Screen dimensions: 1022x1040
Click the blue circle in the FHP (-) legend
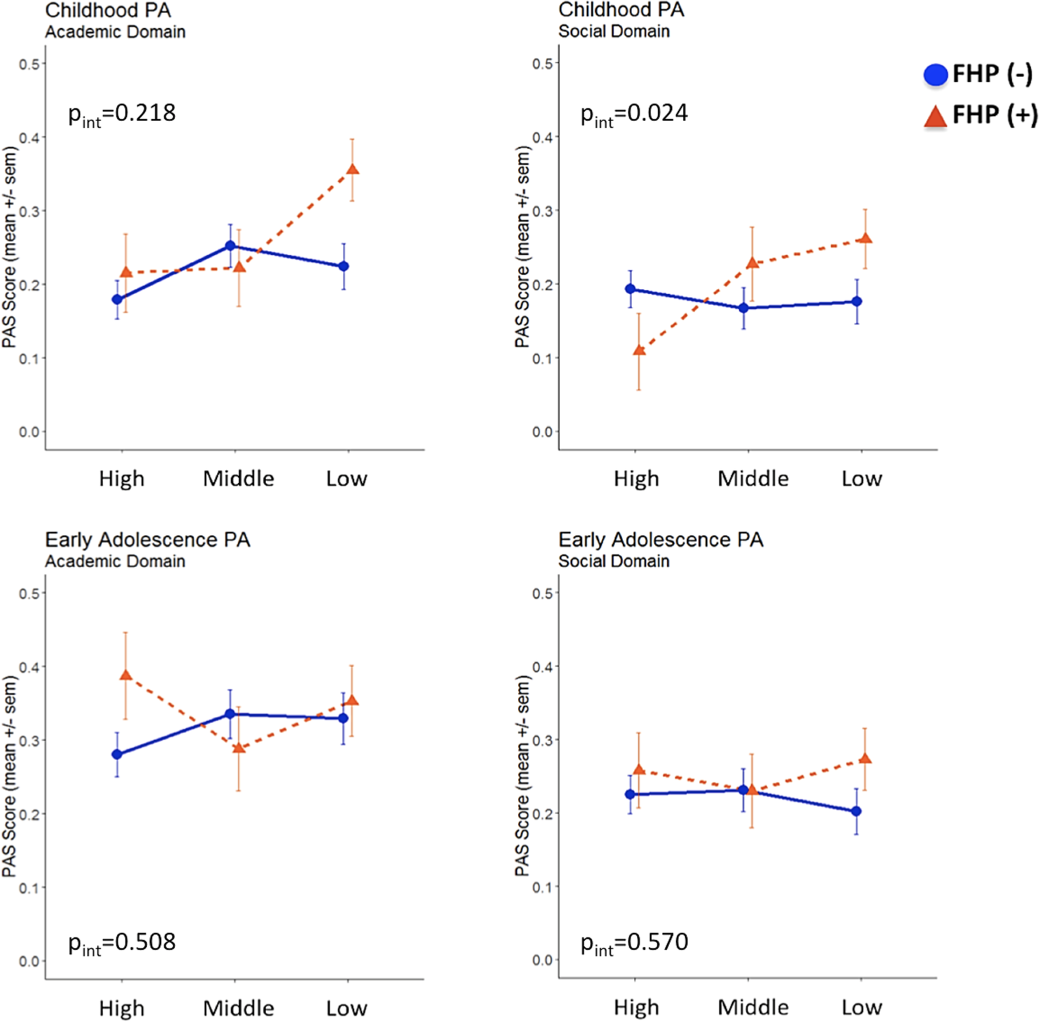click(x=935, y=75)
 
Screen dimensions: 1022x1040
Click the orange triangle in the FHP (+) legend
click(x=935, y=117)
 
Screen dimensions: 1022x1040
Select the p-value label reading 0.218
click(x=122, y=114)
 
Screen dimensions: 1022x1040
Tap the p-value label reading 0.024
click(x=634, y=114)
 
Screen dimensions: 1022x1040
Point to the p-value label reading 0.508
click(x=122, y=943)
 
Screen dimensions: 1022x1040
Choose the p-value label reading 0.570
click(x=634, y=943)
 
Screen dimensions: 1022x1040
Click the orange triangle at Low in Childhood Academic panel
click(x=352, y=170)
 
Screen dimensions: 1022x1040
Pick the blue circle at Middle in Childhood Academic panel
click(x=230, y=246)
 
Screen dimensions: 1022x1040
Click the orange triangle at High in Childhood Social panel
click(x=639, y=350)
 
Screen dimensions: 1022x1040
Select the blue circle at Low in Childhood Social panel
click(x=857, y=302)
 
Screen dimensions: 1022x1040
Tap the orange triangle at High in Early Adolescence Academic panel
click(x=126, y=675)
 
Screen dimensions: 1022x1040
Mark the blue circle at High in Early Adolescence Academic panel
click(x=117, y=754)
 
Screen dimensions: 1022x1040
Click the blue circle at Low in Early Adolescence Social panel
click(x=856, y=811)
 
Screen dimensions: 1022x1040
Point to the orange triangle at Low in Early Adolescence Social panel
click(x=865, y=759)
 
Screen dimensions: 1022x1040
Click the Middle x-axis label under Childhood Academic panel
click(x=239, y=479)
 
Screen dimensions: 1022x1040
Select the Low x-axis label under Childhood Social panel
click(x=862, y=479)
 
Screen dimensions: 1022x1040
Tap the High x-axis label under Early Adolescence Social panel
click(x=636, y=1008)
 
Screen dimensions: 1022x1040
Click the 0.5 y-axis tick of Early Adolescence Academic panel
click(x=29, y=594)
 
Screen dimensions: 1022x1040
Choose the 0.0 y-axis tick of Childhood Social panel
click(x=542, y=432)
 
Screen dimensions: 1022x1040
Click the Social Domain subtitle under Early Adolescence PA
click(x=614, y=561)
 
